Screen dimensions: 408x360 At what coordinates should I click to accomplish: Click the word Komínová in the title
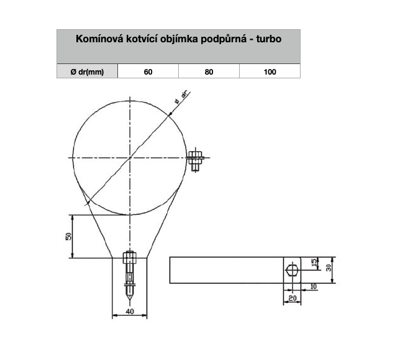100,39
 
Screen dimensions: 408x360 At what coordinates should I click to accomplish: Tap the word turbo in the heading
269,39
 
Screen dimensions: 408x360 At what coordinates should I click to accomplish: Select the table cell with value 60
148,72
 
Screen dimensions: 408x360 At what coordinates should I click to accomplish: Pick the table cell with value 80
209,72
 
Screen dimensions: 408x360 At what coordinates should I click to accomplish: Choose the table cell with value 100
270,72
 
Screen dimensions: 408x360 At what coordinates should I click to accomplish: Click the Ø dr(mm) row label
87,72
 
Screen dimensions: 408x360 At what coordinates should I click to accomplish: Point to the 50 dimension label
68,236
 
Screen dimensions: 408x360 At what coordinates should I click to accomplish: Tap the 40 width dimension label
130,312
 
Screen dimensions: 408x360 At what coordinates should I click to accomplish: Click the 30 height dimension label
329,267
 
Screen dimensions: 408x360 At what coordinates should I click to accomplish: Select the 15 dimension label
314,263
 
